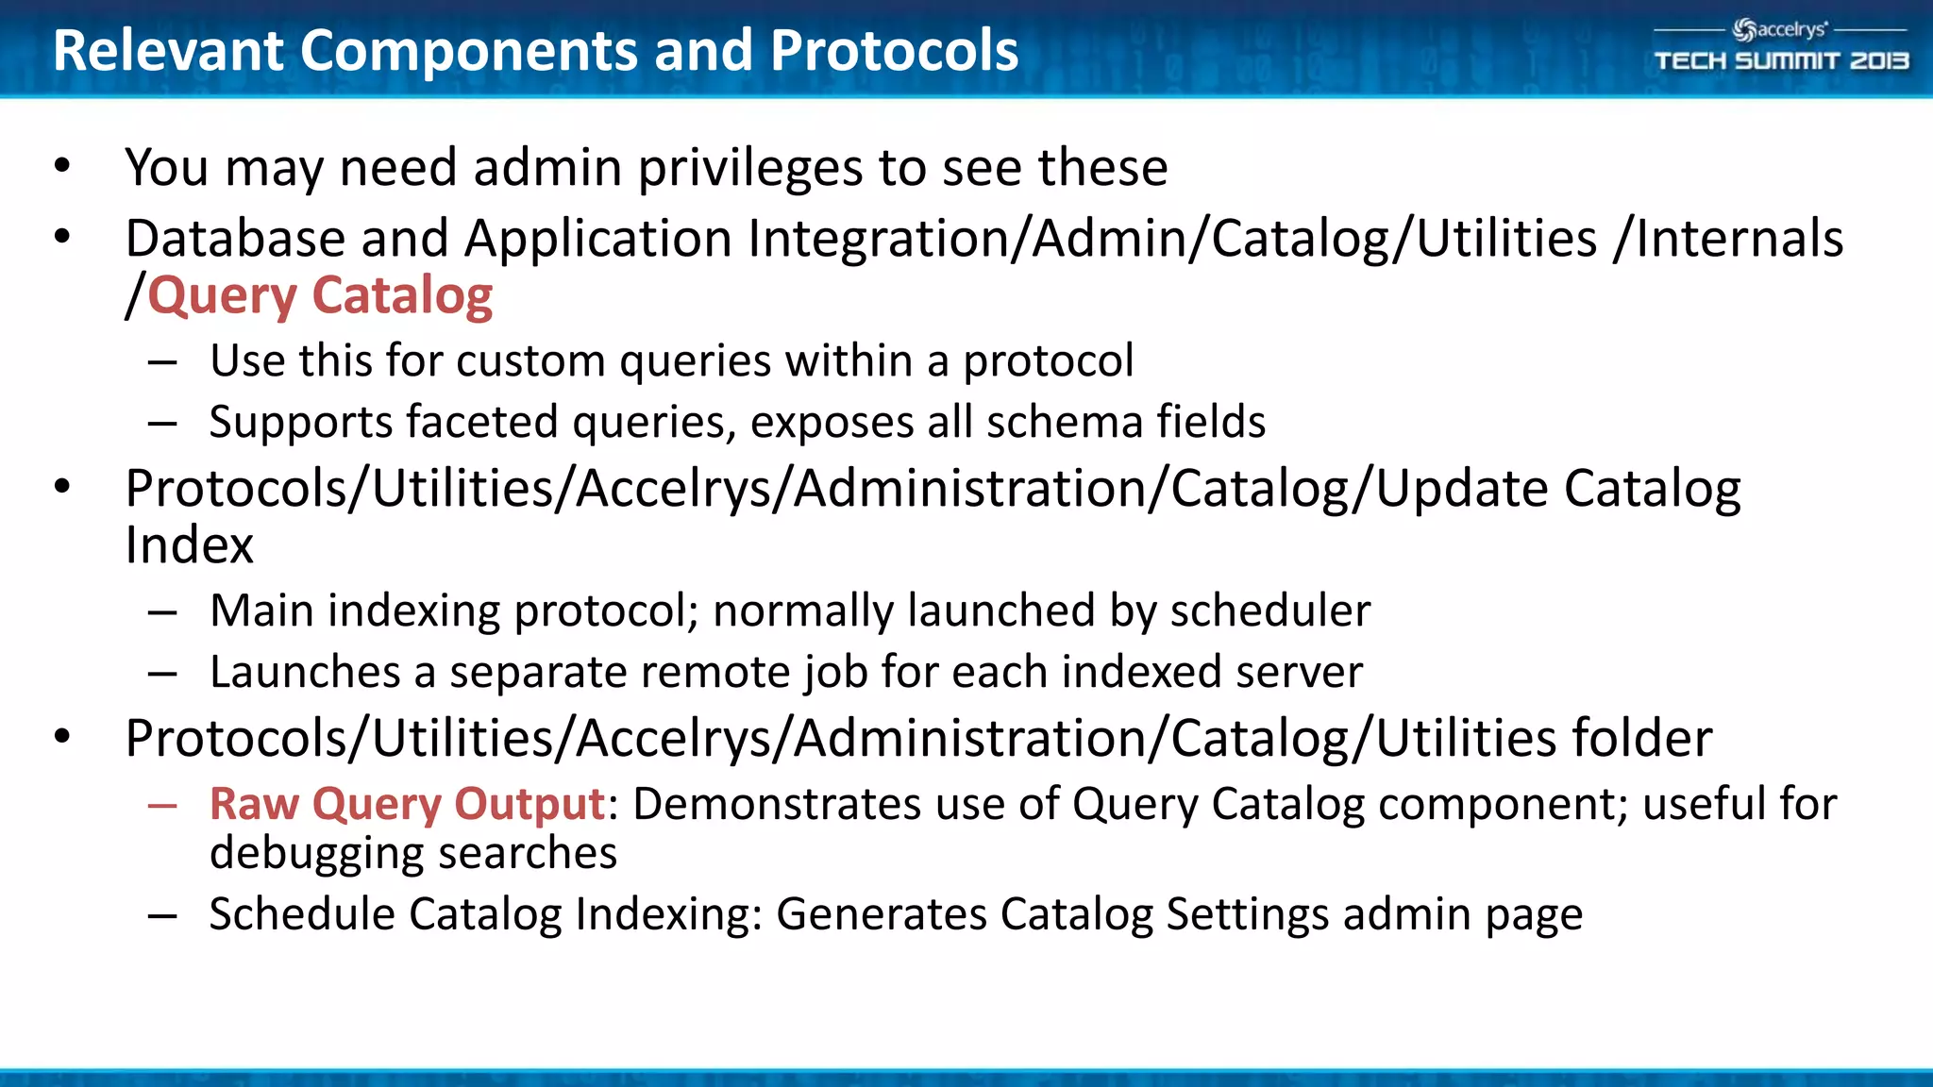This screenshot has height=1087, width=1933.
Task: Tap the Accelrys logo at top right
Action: pyautogui.click(x=1779, y=30)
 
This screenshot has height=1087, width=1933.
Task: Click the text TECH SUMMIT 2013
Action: pyautogui.click(x=1781, y=61)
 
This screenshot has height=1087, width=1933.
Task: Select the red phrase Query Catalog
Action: pyautogui.click(x=320, y=296)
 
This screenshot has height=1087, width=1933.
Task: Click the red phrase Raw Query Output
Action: pyautogui.click(x=407, y=804)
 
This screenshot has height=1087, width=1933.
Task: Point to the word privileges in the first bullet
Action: pyautogui.click(x=749, y=168)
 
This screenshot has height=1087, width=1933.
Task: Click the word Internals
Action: pyautogui.click(x=1739, y=238)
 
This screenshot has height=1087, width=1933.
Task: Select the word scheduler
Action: pyautogui.click(x=1269, y=610)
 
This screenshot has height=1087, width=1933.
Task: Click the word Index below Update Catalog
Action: pyautogui.click(x=189, y=545)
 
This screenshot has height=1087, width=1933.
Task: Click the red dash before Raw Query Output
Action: pyautogui.click(x=162, y=806)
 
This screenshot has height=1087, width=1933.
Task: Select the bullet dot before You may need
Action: pyautogui.click(x=62, y=167)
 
